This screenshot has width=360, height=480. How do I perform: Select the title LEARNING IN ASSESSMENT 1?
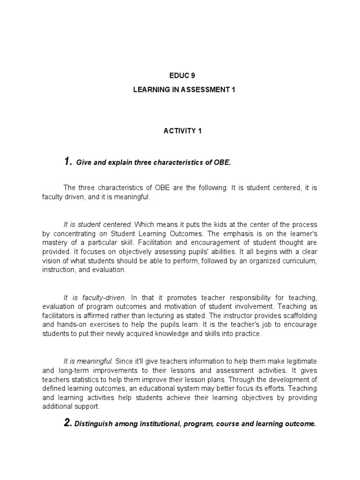[180, 89]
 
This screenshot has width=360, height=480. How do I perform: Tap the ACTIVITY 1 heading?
[180, 131]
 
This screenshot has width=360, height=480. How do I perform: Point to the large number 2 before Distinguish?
[67, 423]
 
